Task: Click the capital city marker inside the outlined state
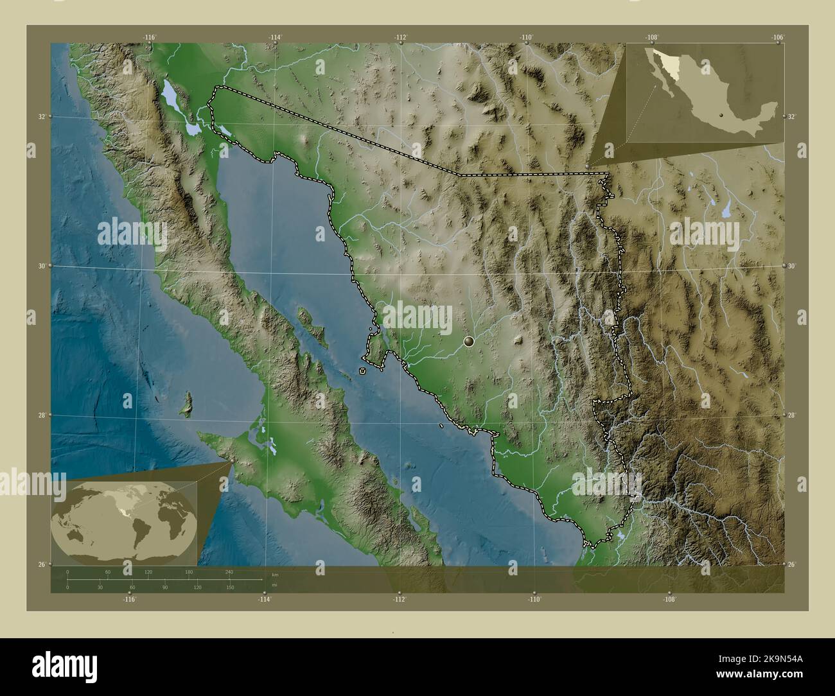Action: coord(469,342)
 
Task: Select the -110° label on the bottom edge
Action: coord(534,599)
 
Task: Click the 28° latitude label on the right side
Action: coord(791,415)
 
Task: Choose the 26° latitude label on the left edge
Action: coord(41,564)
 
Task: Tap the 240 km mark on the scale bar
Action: coord(229,571)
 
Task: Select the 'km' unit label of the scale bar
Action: coord(274,574)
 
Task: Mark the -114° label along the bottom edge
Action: coord(265,599)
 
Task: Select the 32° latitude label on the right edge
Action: coord(791,116)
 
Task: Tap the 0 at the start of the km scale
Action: coord(67,571)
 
